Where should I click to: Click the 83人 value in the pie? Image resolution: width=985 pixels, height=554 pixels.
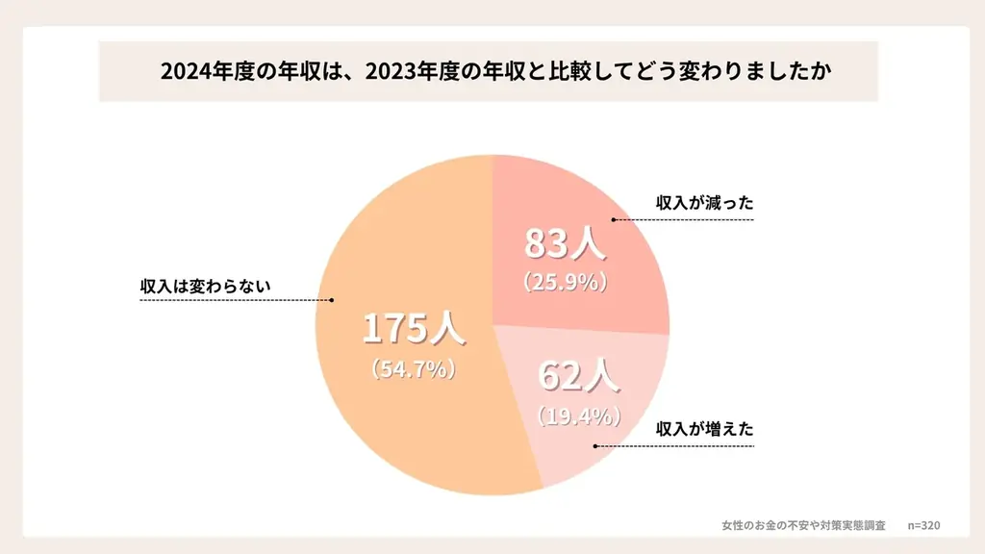click(565, 244)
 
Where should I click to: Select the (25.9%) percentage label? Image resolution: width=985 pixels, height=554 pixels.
click(565, 283)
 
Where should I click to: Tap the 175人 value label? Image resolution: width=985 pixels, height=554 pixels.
click(414, 329)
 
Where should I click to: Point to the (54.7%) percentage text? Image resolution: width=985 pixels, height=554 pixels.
click(414, 368)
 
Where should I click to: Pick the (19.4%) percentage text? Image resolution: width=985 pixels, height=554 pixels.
click(578, 416)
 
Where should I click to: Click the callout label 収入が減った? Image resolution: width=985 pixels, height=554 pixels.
click(704, 204)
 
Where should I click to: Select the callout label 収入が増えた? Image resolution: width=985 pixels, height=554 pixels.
click(704, 429)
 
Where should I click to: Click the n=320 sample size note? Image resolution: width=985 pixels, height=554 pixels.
click(923, 525)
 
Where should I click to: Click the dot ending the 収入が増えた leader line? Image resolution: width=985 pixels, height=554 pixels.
click(594, 446)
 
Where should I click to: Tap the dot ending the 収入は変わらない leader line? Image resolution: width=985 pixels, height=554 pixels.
click(332, 300)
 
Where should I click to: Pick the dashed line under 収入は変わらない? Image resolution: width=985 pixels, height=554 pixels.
click(236, 300)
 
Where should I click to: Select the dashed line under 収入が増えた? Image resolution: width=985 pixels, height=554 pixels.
click(673, 446)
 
